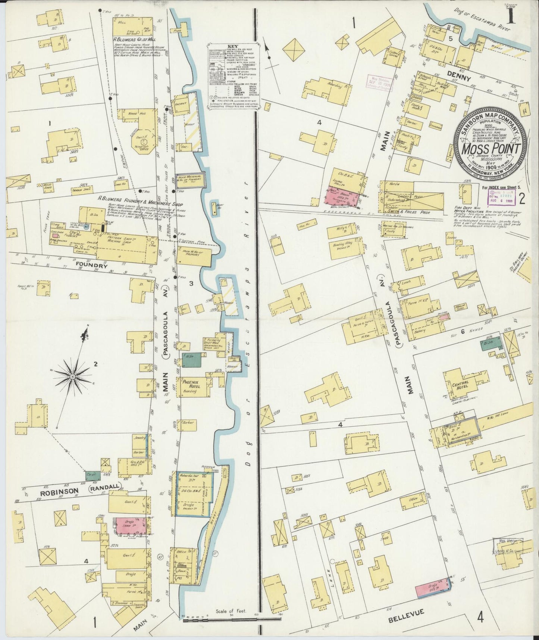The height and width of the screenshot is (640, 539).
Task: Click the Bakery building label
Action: (419, 330)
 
